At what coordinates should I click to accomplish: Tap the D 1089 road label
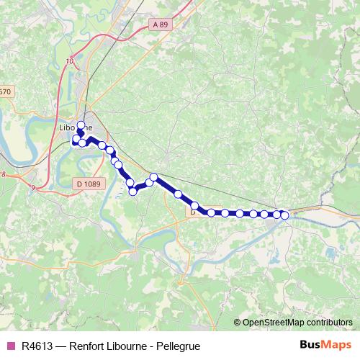pos(88,184)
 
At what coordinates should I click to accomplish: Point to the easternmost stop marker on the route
pos(284,215)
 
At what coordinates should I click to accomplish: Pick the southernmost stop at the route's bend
pos(132,191)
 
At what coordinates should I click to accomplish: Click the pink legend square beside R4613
pos(10,345)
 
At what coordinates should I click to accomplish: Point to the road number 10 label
pos(69,61)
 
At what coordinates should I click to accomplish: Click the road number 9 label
pos(33,188)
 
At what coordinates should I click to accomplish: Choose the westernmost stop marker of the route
pos(75,142)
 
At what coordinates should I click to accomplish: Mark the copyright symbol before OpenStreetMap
pos(238,322)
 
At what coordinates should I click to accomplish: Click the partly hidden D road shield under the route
pos(192,212)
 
